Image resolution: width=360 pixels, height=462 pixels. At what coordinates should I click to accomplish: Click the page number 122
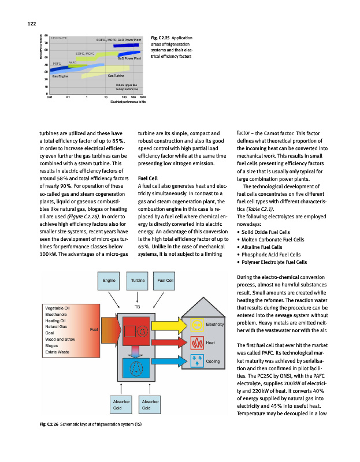click(x=32, y=23)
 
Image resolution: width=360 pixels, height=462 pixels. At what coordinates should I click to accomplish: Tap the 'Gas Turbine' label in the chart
click(x=116, y=76)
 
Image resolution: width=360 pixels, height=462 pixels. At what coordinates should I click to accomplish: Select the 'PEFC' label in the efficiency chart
click(x=57, y=63)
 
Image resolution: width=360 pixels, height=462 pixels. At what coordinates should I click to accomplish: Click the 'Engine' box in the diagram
click(x=108, y=281)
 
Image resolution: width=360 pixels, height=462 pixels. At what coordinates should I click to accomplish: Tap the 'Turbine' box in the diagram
click(x=137, y=281)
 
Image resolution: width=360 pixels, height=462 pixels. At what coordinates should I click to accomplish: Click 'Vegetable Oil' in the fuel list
click(x=57, y=309)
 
